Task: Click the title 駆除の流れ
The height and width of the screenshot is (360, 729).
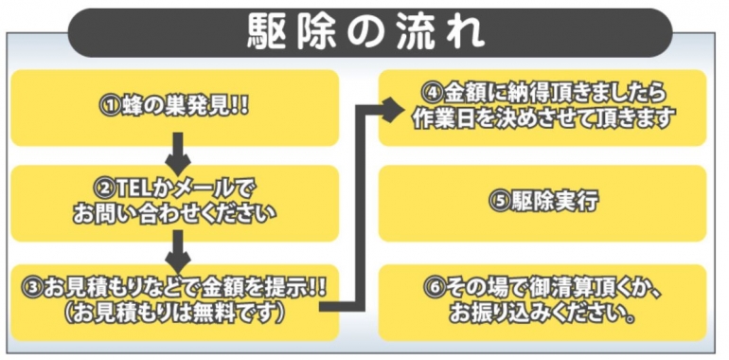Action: pyautogui.click(x=365, y=31)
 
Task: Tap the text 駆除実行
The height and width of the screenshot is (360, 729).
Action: pyautogui.click(x=553, y=201)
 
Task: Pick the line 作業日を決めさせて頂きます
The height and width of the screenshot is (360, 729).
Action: pyautogui.click(x=542, y=119)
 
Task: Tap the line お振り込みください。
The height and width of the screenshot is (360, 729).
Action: pyautogui.click(x=542, y=313)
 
